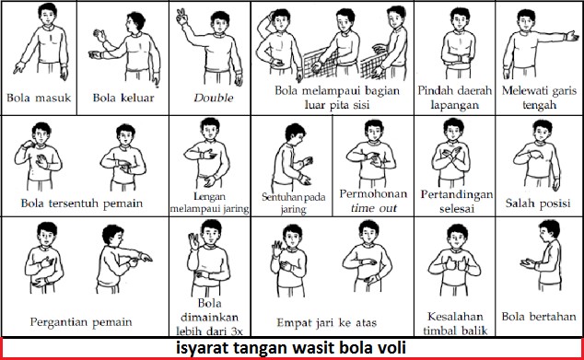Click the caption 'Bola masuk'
[x=38, y=95]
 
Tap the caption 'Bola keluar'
[x=123, y=95]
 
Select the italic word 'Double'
[x=206, y=95]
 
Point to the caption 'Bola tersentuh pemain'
[x=84, y=203]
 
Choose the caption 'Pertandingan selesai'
[x=455, y=202]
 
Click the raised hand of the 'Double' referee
[x=181, y=16]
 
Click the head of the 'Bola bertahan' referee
[x=544, y=234]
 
